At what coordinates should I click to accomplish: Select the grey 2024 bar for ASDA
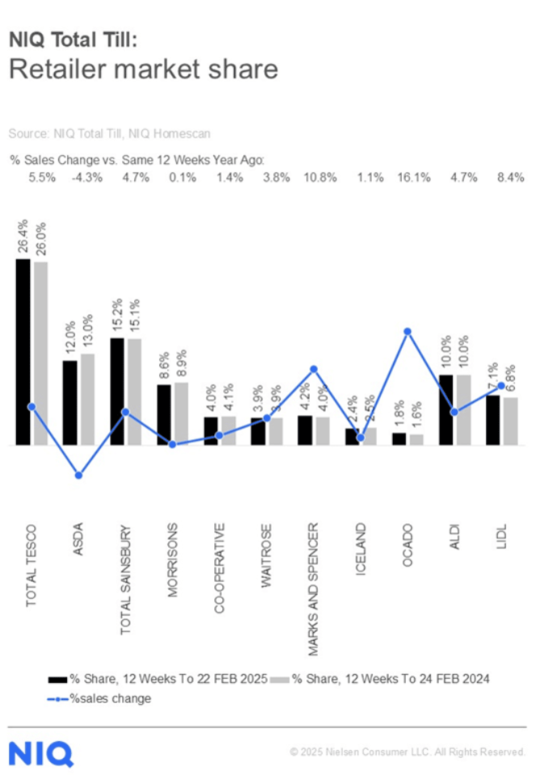[x=87, y=399]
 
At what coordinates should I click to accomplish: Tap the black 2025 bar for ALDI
[x=446, y=409]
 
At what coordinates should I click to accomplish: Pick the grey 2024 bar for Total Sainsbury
[x=134, y=392]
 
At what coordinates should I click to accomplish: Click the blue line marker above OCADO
[x=408, y=332]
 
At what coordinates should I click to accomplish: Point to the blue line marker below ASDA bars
[x=78, y=475]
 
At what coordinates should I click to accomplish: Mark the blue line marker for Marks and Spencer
[x=314, y=369]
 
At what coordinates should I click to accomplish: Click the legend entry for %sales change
[x=102, y=698]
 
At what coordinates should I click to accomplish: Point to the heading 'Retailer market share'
[x=143, y=69]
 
